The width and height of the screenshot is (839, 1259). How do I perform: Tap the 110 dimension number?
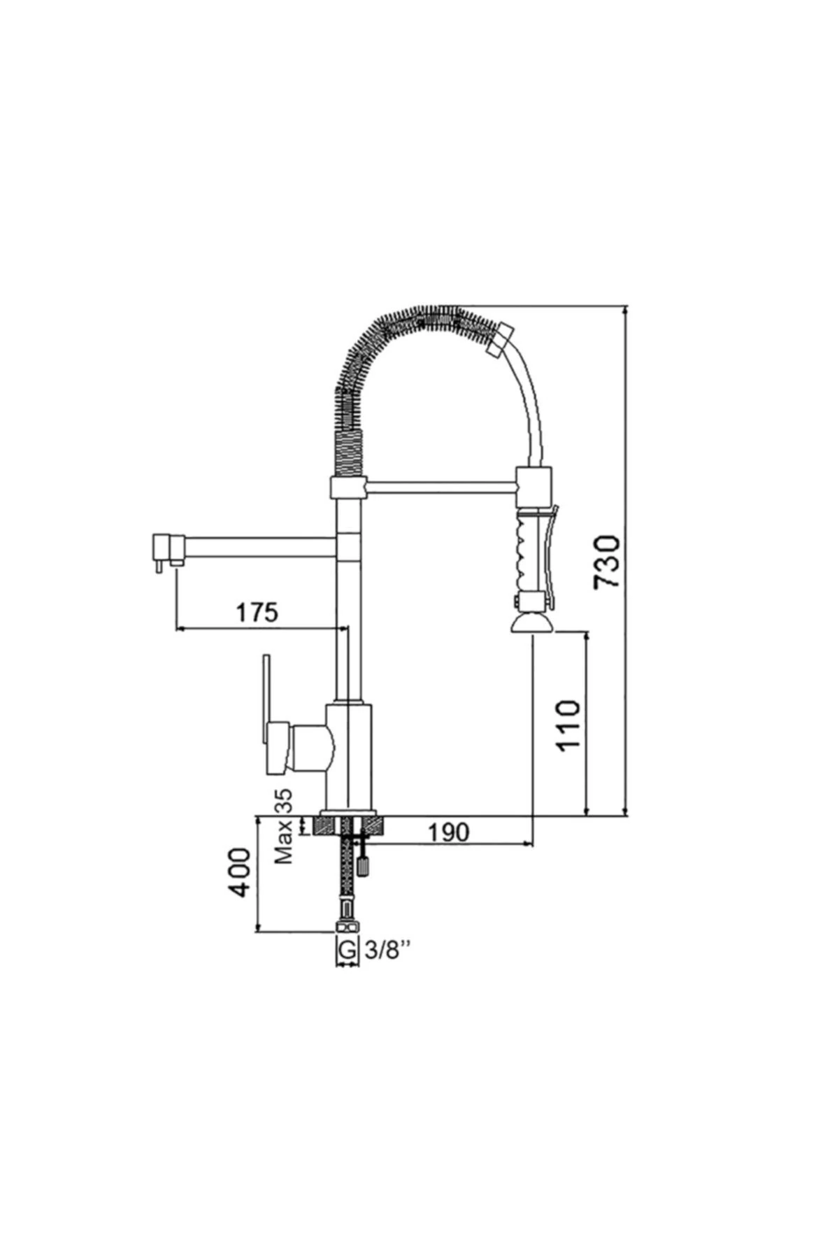point(569,725)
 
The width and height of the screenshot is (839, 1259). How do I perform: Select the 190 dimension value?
point(448,832)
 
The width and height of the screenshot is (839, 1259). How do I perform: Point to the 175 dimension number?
point(257,612)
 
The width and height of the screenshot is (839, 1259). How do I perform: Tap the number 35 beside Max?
point(284,802)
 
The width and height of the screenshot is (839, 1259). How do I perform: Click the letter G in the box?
point(346,950)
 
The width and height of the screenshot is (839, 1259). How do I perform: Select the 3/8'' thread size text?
point(385,950)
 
